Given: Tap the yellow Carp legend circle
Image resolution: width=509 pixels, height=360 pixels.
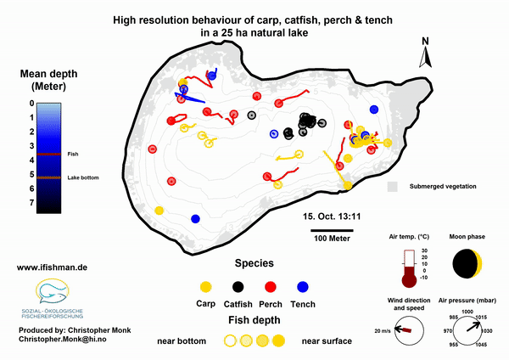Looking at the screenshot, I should (x=204, y=285).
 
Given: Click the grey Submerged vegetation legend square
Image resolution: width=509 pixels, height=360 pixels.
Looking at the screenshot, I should (x=393, y=185).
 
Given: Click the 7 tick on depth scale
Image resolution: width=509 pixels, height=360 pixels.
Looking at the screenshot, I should (x=32, y=204).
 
